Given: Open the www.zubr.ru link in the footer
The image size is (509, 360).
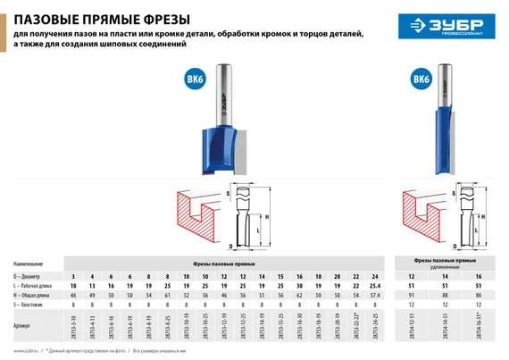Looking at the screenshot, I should point(27,352).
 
